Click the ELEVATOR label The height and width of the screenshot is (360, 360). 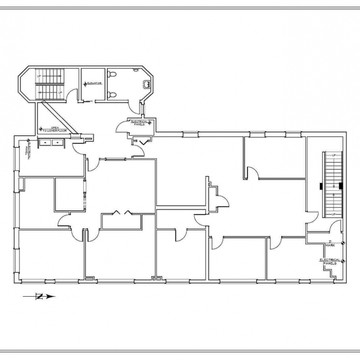[95, 83]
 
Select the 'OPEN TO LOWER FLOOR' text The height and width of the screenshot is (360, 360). [55, 130]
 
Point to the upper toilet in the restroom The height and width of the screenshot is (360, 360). [113, 75]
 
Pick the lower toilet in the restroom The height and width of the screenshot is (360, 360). [113, 95]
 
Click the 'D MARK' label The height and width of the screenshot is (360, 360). [330, 244]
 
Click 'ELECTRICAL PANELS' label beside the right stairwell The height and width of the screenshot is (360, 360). [330, 261]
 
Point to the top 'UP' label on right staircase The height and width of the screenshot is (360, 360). [333, 155]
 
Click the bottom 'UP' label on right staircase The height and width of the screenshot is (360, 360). [333, 214]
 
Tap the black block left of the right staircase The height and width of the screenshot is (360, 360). [320, 185]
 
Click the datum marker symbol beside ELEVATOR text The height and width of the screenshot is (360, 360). [85, 83]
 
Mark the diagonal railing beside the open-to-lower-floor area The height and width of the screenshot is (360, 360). [59, 117]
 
